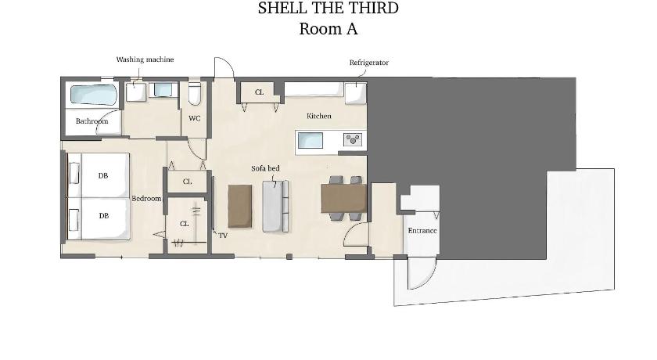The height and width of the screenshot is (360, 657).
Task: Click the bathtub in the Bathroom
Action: point(93,94)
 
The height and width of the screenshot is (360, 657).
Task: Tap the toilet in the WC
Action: point(195,92)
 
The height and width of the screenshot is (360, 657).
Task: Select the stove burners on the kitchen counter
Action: point(353,139)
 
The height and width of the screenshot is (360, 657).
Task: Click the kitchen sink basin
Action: point(311,140)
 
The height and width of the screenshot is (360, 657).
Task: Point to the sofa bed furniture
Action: point(275,206)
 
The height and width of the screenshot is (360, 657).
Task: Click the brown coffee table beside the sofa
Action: point(240,206)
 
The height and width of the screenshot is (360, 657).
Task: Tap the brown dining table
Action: point(344,198)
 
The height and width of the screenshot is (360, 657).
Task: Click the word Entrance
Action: point(422,231)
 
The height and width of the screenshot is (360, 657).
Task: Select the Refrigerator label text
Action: point(369,63)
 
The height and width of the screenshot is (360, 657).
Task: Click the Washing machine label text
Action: point(145,59)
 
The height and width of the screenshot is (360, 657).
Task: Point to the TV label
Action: point(223,236)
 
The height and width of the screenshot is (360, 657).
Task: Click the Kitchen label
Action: point(319,116)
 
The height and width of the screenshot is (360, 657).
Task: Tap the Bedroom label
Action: point(147,198)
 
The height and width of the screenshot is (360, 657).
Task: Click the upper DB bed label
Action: point(103,176)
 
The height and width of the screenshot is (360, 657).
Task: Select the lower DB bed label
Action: point(104,216)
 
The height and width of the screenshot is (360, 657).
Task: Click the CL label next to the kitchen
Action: point(260,92)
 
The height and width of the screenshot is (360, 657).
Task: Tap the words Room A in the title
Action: point(328,29)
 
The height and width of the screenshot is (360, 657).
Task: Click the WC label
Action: point(195,119)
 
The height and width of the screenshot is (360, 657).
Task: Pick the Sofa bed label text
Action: point(265,168)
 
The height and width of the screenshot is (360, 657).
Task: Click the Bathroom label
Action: point(92,121)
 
